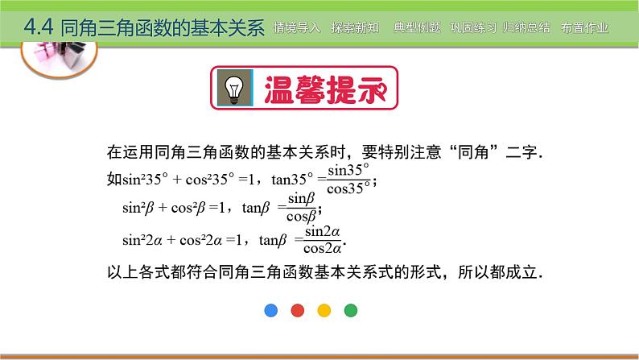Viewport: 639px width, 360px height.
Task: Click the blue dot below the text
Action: point(271,310)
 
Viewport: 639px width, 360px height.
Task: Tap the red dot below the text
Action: point(298,310)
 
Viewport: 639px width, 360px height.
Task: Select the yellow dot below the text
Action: point(324,310)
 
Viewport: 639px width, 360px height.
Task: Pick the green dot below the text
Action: point(350,310)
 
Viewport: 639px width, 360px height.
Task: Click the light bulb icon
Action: point(235,88)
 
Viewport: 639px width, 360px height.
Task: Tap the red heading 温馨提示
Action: point(325,89)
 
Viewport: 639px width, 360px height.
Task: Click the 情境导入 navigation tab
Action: point(297,27)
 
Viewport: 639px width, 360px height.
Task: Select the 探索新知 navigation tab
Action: point(355,27)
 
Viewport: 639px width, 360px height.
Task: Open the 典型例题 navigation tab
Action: point(418,27)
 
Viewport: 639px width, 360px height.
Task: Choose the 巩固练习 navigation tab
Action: point(473,27)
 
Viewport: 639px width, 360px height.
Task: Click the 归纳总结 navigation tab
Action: point(526,27)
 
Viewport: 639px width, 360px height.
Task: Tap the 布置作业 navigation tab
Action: point(584,27)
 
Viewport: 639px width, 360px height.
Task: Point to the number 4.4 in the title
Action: point(39,27)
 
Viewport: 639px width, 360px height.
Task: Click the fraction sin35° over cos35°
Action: point(348,179)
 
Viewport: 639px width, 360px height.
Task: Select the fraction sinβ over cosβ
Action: point(302,208)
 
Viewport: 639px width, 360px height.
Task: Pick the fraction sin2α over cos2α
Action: point(323,240)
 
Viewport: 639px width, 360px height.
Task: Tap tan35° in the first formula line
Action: point(292,179)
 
